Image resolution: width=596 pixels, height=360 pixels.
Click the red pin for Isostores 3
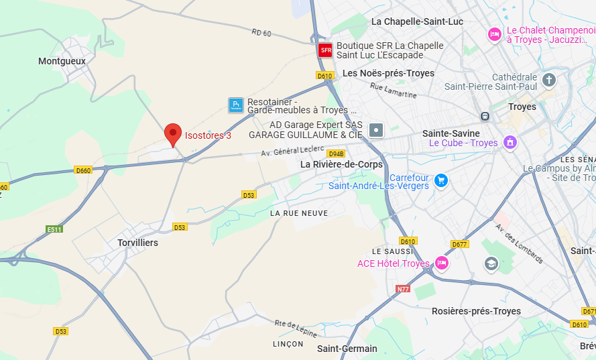pyautogui.click(x=173, y=134)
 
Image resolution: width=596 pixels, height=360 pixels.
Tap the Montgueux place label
pyautogui.click(x=62, y=61)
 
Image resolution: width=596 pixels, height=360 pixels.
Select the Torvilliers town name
pyautogui.click(x=137, y=243)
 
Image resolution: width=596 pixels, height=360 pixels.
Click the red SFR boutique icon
pyautogui.click(x=325, y=50)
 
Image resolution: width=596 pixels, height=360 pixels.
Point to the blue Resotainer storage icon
pyautogui.click(x=235, y=105)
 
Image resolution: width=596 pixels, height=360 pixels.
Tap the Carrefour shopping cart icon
pyautogui.click(x=440, y=180)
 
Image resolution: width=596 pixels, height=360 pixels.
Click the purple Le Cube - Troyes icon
pyautogui.click(x=510, y=142)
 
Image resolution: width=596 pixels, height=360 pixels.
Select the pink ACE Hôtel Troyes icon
pyautogui.click(x=442, y=263)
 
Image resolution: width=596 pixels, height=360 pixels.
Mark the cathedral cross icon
pyautogui.click(x=549, y=81)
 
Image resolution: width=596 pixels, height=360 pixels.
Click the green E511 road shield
pyautogui.click(x=54, y=229)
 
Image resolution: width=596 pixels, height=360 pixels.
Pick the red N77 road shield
pyautogui.click(x=403, y=289)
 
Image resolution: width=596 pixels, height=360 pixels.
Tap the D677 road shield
pyautogui.click(x=459, y=244)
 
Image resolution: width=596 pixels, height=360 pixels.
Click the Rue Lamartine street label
pyautogui.click(x=394, y=91)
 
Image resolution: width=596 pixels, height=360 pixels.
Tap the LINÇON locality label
pyautogui.click(x=288, y=344)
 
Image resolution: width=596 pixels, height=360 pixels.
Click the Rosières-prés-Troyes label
pyautogui.click(x=476, y=311)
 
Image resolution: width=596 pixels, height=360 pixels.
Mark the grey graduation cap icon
pyautogui.click(x=491, y=263)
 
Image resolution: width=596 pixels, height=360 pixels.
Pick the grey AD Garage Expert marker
pyautogui.click(x=376, y=130)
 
